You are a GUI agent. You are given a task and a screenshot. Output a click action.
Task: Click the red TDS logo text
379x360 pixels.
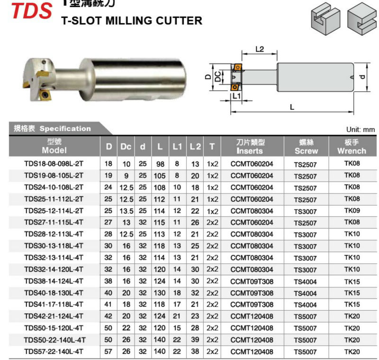tap(31, 11)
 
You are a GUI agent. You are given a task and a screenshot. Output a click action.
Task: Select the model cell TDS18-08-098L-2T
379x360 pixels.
tap(54, 164)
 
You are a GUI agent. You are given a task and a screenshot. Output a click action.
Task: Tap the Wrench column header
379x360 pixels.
tap(352, 147)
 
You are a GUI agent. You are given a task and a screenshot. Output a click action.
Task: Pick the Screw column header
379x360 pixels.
tap(306, 147)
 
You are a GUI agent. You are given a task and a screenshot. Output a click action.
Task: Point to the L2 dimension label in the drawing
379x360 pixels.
tap(259, 49)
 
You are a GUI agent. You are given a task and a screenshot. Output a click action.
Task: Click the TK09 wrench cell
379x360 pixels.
tap(352, 210)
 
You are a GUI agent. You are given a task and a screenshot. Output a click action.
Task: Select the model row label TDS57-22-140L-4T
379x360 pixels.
tap(54, 351)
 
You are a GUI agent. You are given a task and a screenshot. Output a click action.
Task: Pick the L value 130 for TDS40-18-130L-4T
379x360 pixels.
tap(160, 293)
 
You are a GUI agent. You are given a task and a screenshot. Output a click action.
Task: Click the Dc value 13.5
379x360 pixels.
tap(126, 211)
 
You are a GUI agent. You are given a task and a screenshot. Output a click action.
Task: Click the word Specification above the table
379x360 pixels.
tap(65, 128)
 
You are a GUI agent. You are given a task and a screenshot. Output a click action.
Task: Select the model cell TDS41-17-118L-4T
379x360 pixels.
tap(54, 305)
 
